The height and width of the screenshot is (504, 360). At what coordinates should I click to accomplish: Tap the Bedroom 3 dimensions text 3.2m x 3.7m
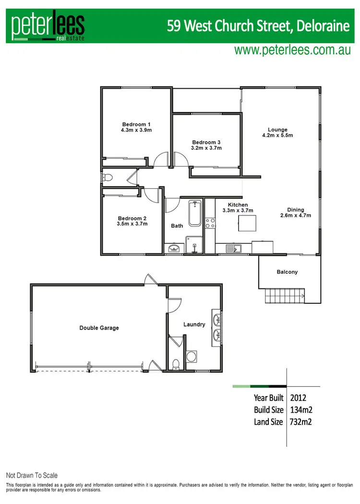tap(206, 148)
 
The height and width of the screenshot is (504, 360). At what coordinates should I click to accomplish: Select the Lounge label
tap(277, 130)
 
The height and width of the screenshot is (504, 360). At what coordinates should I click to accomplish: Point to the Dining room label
tap(295, 210)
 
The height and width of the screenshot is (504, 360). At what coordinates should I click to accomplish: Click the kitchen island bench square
tap(247, 223)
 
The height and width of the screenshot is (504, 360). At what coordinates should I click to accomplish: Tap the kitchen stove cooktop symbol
tap(210, 223)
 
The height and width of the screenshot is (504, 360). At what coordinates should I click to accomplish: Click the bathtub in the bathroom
tap(195, 214)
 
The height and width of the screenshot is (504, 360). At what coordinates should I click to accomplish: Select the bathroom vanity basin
tap(174, 248)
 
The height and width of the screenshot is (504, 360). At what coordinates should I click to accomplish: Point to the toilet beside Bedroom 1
tap(108, 178)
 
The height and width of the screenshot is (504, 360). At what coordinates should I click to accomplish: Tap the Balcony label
tap(287, 272)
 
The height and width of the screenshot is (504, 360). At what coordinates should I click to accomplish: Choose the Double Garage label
tap(99, 328)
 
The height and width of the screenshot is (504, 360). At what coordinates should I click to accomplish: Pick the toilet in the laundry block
tap(176, 363)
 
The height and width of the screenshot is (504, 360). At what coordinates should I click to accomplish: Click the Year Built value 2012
tap(298, 398)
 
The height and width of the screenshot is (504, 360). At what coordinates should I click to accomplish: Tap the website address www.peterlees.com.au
tap(292, 50)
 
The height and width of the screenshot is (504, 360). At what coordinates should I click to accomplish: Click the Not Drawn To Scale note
tap(32, 475)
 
